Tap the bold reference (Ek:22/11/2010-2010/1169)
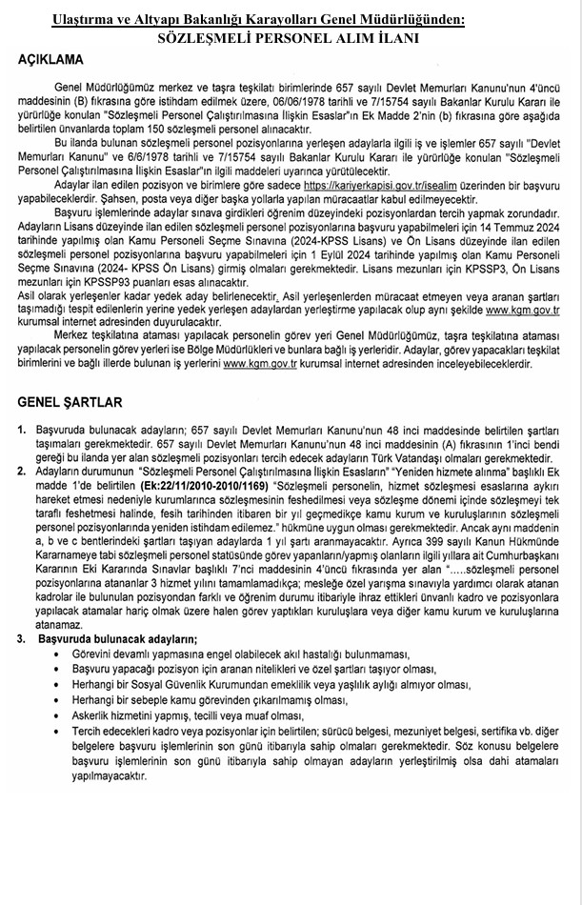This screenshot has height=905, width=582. pyautogui.click(x=204, y=484)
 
